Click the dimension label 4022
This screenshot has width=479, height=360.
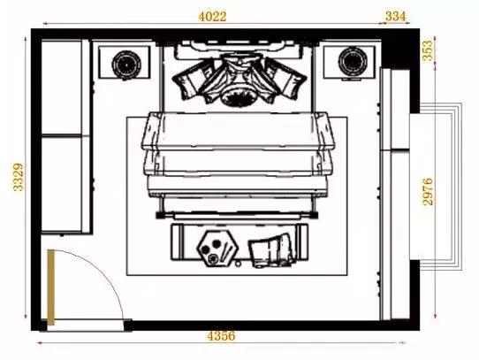click(213, 17)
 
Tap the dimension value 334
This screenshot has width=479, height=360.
click(396, 16)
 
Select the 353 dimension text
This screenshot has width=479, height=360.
click(428, 50)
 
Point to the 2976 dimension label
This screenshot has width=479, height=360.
click(428, 191)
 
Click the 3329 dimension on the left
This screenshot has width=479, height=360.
click(19, 177)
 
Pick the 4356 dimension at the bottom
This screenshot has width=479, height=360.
click(221, 336)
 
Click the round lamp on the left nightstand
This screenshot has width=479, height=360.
click(126, 65)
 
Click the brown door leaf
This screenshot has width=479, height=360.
click(50, 287)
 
